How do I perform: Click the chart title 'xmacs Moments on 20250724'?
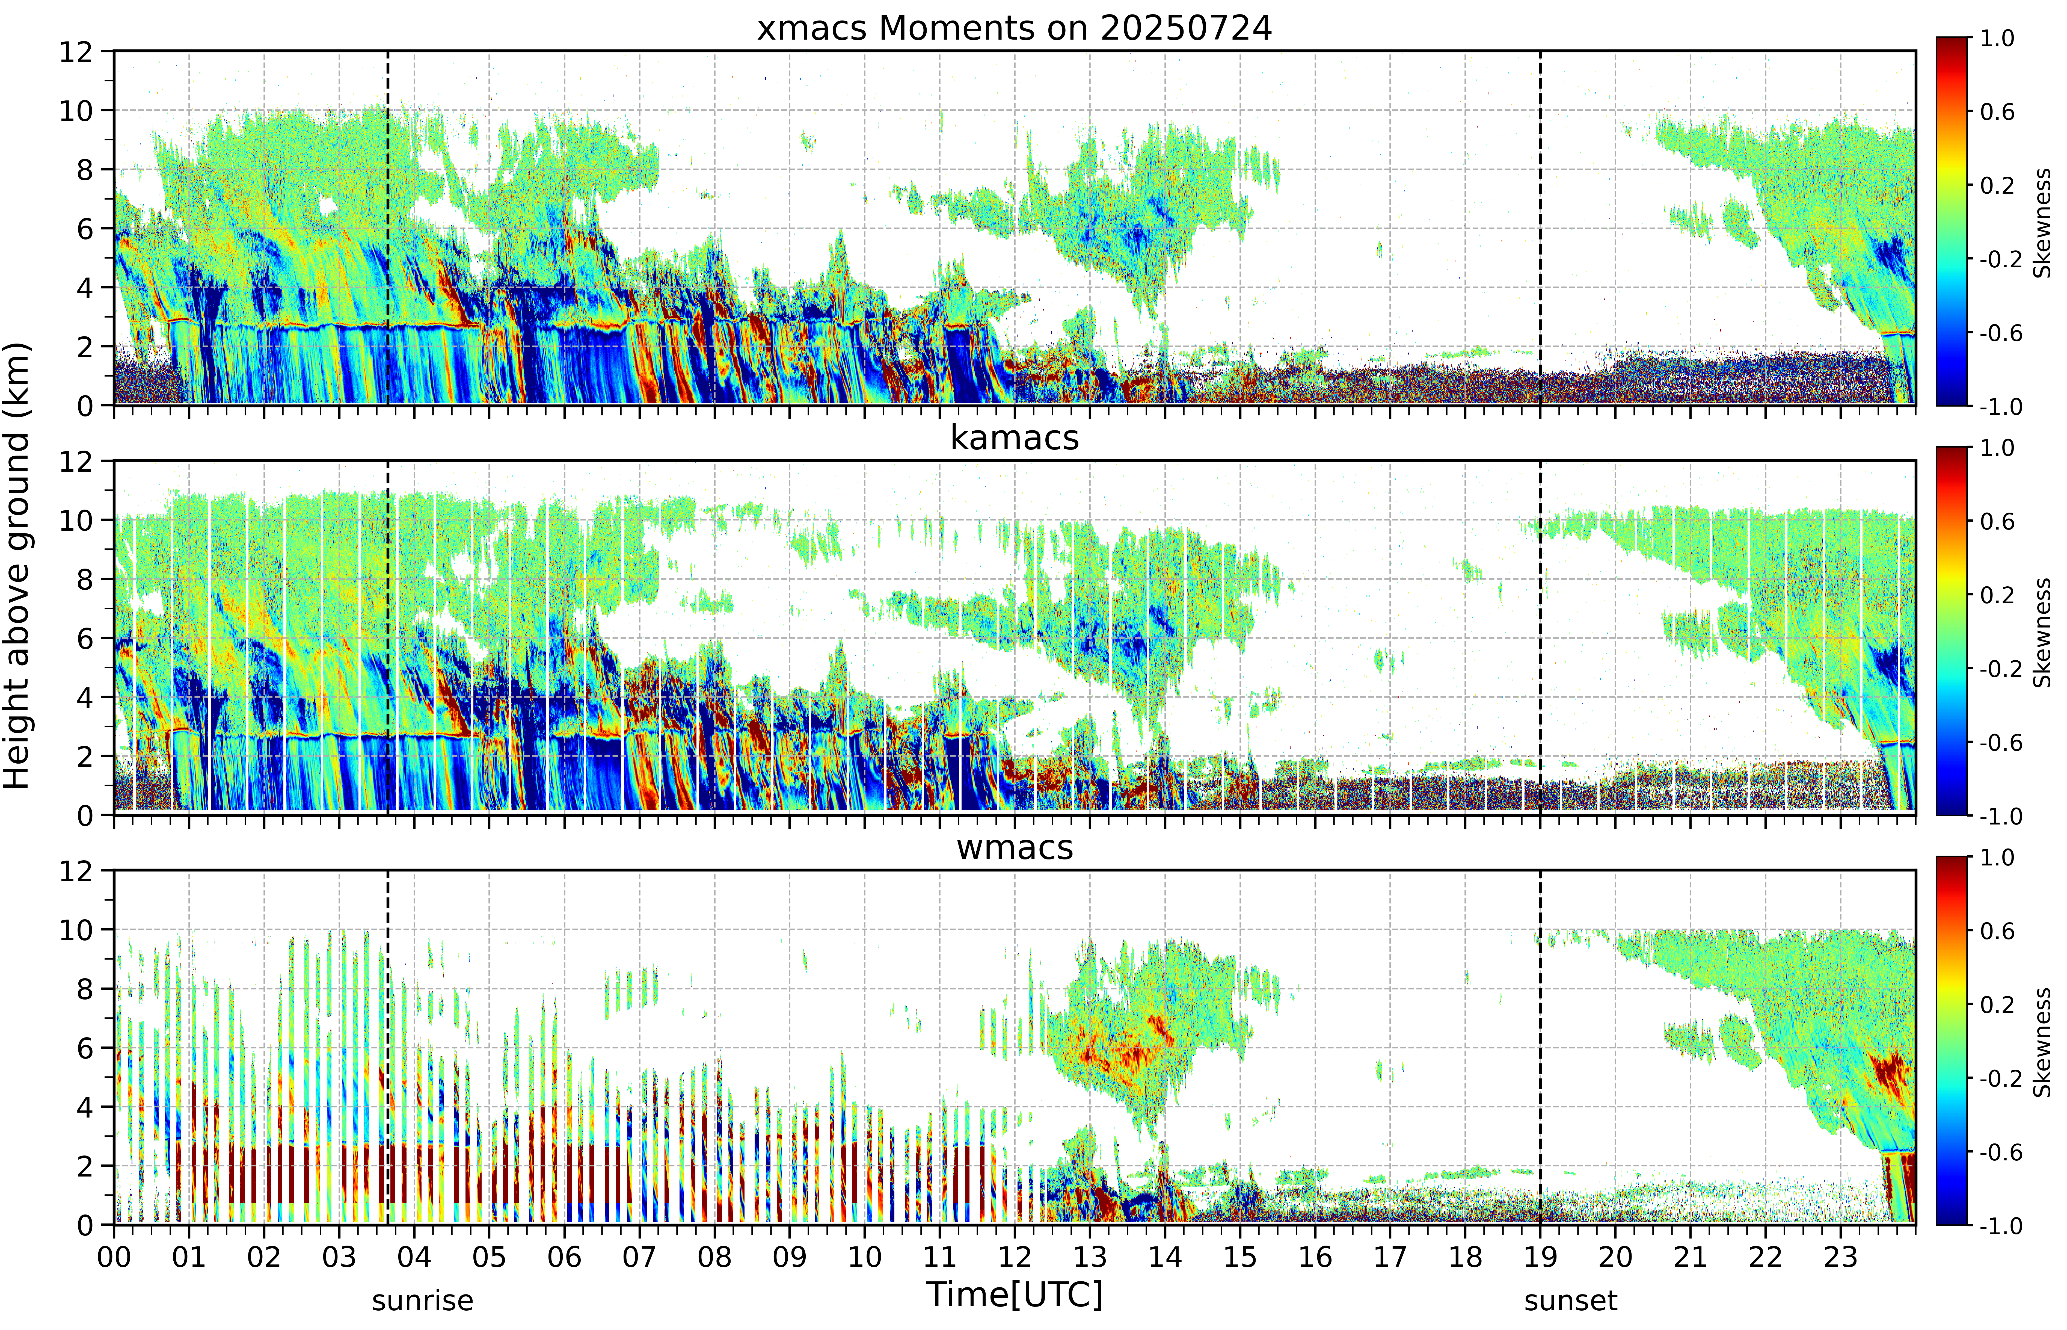click(1015, 28)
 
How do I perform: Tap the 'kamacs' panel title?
click(1015, 438)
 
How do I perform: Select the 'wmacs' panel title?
click(1015, 847)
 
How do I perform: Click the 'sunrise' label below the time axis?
click(422, 1300)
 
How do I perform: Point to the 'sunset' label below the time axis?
click(1571, 1300)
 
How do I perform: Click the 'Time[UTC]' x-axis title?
click(1015, 1294)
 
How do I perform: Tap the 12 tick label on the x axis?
click(1015, 1257)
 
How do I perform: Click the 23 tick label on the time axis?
click(1840, 1257)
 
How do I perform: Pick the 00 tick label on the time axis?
click(114, 1257)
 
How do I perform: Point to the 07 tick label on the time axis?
click(639, 1257)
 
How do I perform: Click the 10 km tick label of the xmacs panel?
click(76, 111)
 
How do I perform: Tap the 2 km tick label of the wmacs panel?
click(85, 1166)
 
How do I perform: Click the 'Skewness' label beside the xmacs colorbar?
click(2042, 223)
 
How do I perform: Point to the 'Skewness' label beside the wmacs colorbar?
click(2042, 1042)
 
